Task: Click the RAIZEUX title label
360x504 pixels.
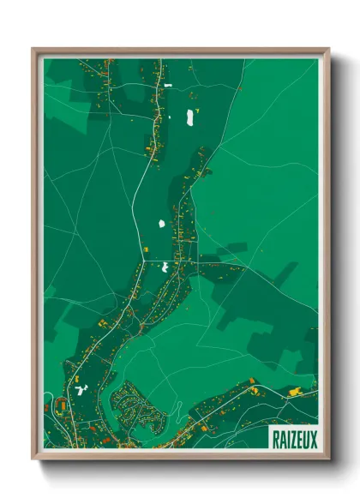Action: coord(293,437)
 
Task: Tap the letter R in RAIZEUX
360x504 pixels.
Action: coord(277,437)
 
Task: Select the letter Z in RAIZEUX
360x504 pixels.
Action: coord(293,437)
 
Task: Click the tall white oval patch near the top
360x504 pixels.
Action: coord(190,117)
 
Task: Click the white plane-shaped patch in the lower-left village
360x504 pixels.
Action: coord(82,390)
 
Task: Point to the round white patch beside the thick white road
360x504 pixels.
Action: coord(161,224)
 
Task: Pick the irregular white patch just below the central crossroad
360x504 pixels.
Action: coord(165,267)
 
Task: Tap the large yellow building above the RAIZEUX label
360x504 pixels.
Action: coord(296,392)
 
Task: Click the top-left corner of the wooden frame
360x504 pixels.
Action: coord(33,49)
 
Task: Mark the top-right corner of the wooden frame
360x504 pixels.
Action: coord(328,49)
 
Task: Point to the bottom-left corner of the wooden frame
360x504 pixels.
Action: coord(33,459)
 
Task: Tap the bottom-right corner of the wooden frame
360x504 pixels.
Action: coord(328,459)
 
